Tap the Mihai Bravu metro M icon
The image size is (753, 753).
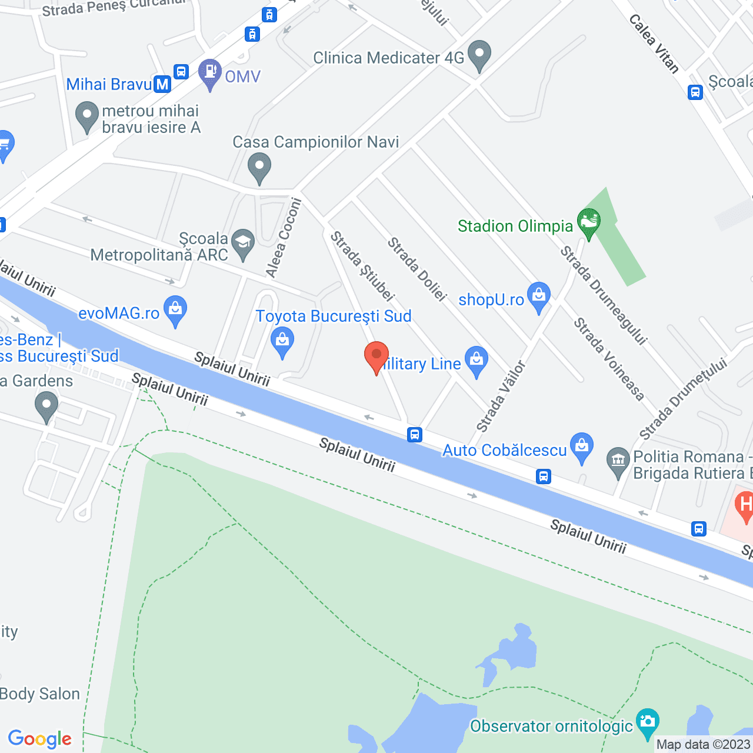tap(162, 85)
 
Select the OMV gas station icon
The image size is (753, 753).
tap(209, 72)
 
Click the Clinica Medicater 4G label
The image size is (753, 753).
tap(388, 58)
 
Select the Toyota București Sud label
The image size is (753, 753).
tap(334, 316)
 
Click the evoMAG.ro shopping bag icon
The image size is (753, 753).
tap(175, 309)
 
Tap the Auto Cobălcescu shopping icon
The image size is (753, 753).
tap(582, 447)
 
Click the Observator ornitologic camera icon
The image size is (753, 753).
tap(647, 721)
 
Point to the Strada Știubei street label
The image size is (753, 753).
tap(361, 266)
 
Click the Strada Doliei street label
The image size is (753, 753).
tap(417, 269)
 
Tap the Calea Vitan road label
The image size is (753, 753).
tap(654, 44)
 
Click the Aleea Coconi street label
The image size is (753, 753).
tap(284, 238)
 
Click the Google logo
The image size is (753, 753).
tap(40, 739)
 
